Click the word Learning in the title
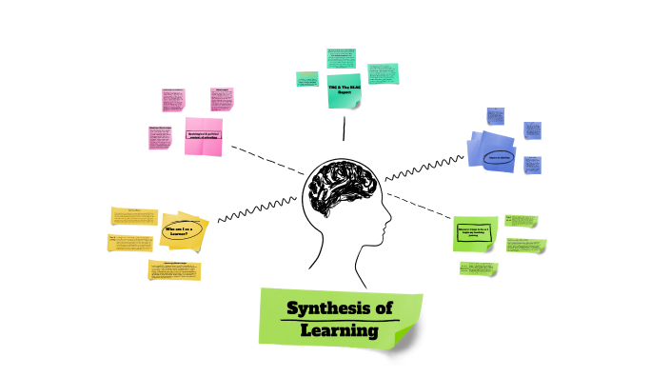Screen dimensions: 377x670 [338, 330]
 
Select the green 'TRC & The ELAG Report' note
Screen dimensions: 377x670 [345, 89]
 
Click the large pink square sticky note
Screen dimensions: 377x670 [203, 136]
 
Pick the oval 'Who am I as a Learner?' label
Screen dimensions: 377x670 [181, 231]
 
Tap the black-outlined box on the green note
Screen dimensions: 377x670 [474, 232]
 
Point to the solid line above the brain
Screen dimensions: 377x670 [345, 132]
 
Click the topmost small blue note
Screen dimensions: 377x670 [495, 117]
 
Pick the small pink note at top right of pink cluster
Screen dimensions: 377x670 [223, 99]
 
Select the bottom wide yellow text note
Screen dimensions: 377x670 [174, 270]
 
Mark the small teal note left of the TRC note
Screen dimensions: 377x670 [306, 80]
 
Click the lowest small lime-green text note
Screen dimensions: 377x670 [478, 268]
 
